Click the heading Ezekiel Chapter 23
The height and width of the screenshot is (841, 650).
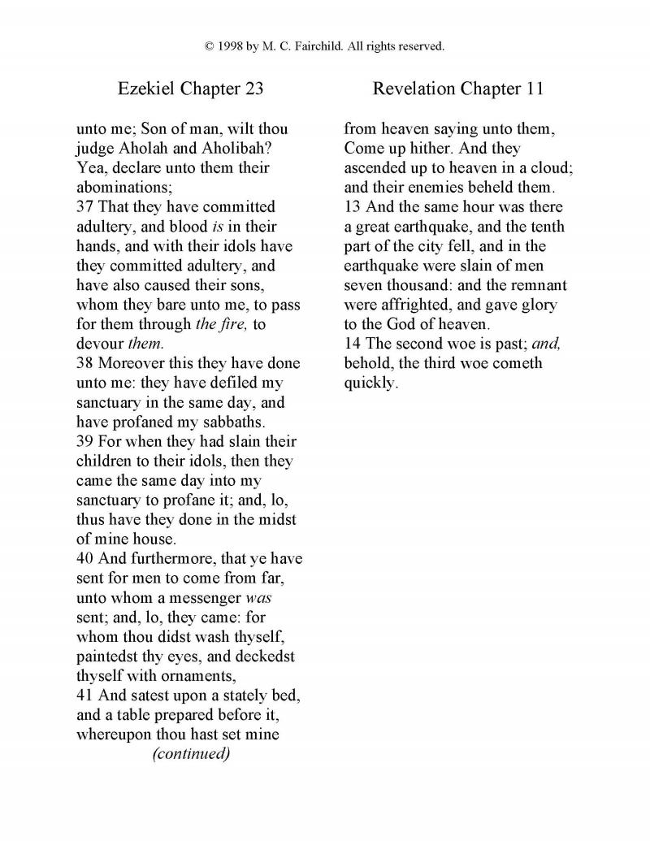[x=190, y=89]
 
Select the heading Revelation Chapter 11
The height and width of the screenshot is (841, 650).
[x=457, y=89]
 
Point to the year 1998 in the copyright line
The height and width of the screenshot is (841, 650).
[x=230, y=46]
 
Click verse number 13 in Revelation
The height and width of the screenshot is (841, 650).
[x=352, y=207]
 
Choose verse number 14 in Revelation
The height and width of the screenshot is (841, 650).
[x=352, y=344]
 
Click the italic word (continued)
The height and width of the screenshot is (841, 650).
[x=191, y=753]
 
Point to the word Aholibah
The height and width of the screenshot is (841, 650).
[x=245, y=149]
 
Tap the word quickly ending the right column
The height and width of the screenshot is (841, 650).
[x=370, y=383]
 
